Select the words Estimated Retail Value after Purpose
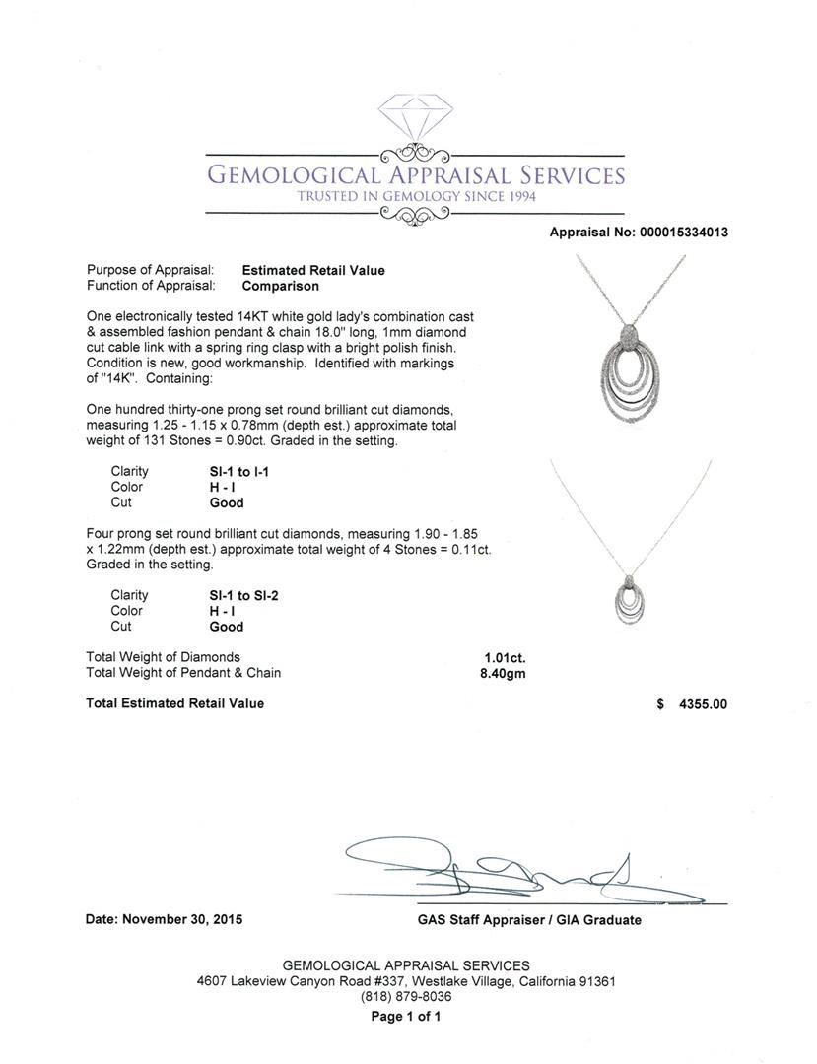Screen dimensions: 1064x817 313,270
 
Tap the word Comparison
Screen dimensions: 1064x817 280,286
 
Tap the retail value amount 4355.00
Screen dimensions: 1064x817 703,704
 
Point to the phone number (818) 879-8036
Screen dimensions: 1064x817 406,996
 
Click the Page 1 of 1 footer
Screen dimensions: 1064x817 406,1017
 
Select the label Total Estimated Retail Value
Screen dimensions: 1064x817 175,703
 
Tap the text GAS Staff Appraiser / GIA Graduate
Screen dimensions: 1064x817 528,920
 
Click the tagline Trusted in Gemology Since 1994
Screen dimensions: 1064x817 415,197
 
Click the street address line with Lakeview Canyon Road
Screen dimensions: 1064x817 406,981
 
